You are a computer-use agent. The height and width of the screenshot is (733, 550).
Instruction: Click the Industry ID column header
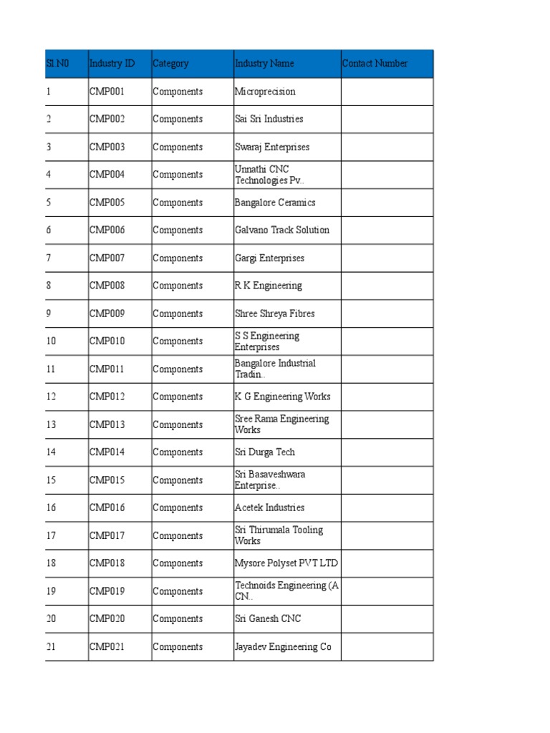[112, 64]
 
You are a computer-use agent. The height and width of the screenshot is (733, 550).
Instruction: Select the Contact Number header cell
[375, 64]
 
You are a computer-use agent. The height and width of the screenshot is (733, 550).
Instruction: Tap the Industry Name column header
[264, 64]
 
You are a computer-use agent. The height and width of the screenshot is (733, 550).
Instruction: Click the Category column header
[170, 64]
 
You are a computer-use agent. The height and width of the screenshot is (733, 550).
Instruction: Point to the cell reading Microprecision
[265, 92]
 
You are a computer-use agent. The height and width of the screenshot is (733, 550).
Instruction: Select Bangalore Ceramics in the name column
[275, 203]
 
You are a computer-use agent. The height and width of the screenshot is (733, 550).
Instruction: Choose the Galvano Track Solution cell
[282, 230]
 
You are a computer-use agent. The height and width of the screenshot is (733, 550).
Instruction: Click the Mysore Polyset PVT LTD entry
[286, 563]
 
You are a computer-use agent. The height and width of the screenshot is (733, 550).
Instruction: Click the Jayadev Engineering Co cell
[283, 647]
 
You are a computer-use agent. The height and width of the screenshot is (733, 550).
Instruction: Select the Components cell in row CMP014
[178, 452]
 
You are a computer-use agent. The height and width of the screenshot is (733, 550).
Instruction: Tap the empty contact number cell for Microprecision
[387, 92]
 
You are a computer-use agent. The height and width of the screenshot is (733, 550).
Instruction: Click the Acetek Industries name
[269, 508]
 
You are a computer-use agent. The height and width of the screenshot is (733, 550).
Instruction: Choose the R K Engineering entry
[269, 286]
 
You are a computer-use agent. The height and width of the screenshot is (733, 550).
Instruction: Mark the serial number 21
[51, 647]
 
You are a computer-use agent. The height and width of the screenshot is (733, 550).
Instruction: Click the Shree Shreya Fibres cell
[274, 314]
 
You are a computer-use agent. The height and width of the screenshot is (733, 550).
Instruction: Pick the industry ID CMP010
[107, 341]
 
